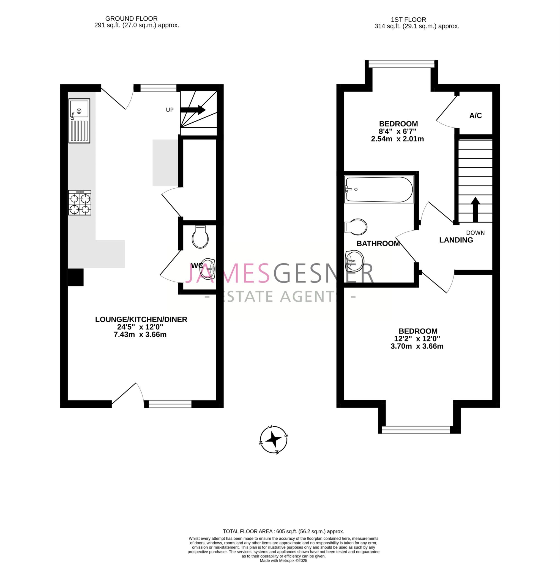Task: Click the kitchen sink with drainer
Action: coord(79,121)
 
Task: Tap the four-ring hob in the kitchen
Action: coord(80,203)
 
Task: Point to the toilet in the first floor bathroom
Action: coord(356,227)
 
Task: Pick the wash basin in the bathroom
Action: coord(354,260)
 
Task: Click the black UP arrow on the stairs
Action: coord(193,110)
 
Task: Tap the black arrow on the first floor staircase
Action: coord(476,209)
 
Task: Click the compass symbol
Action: coord(274,440)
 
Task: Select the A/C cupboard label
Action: coord(476,116)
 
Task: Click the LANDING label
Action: coord(456,240)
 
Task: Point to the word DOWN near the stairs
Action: coord(476,233)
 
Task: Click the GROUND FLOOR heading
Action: coord(131,19)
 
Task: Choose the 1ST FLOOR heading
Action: coord(408,20)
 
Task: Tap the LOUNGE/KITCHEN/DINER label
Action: coord(141,319)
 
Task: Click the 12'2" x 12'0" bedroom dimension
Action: coord(417,339)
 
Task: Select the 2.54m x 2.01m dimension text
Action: coord(397,139)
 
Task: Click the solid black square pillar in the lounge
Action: coord(76,277)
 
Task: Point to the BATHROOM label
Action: coord(378,243)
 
